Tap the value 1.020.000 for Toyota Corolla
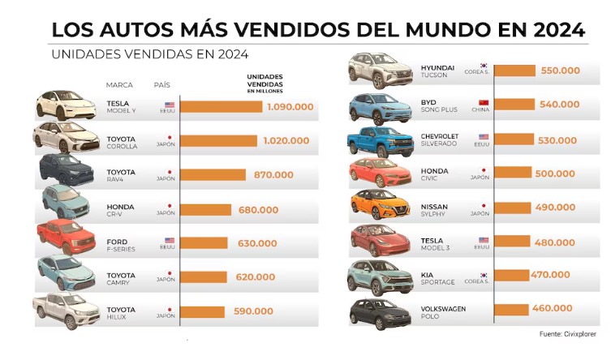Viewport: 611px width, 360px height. pyautogui.click(x=286, y=140)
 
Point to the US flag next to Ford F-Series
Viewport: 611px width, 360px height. pyautogui.click(x=170, y=240)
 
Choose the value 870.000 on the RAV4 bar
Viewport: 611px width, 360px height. pyautogui.click(x=273, y=174)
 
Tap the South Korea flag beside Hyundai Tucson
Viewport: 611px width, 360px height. pyautogui.click(x=483, y=65)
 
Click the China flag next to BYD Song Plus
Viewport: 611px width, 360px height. pyautogui.click(x=483, y=101)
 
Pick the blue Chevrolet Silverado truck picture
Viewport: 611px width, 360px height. pyautogui.click(x=380, y=140)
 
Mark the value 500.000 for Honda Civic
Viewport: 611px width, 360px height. pyautogui.click(x=557, y=173)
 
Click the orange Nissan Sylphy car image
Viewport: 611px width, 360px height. pyautogui.click(x=380, y=207)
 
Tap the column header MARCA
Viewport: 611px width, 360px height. pyautogui.click(x=119, y=84)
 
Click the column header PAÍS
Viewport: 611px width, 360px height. pyautogui.click(x=161, y=84)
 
